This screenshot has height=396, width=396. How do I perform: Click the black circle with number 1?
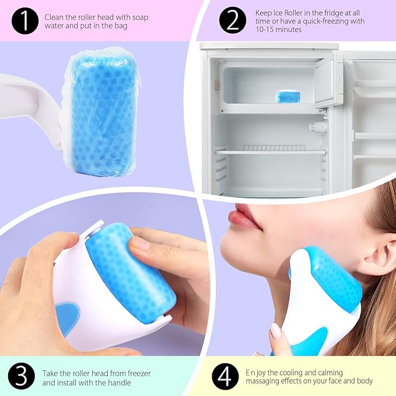pyautogui.click(x=23, y=22)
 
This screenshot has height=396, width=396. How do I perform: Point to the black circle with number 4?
pyautogui.click(x=224, y=377)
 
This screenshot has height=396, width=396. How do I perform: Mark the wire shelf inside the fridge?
pyautogui.click(x=271, y=150)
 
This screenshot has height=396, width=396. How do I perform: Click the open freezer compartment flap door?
pyautogui.click(x=328, y=82)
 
